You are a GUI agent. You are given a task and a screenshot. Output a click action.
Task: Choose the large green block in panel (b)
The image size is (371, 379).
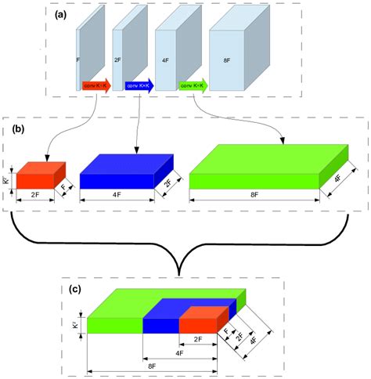click(x=254, y=168)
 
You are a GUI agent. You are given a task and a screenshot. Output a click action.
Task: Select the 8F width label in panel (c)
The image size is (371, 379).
click(x=150, y=364)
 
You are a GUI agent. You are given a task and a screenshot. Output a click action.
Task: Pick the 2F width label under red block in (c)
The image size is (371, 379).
click(x=199, y=340)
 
